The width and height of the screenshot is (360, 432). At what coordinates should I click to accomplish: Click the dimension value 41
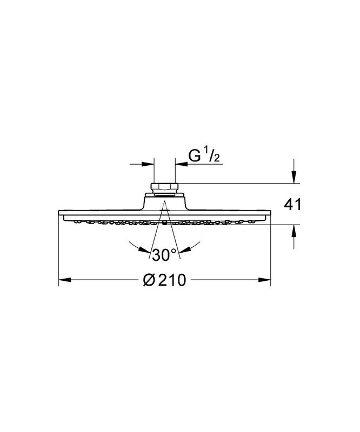(293, 205)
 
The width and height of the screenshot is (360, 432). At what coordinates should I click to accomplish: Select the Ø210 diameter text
(165, 280)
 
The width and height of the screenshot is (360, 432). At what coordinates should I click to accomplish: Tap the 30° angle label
(164, 255)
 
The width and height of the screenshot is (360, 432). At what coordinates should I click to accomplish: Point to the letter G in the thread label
(194, 156)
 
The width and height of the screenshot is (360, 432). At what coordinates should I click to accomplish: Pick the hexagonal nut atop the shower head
(165, 186)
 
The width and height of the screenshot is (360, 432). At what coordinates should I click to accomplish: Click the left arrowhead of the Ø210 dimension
(65, 280)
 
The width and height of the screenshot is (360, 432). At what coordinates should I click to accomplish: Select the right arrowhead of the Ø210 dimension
(264, 280)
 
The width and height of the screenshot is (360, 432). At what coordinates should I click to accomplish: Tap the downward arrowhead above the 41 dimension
(294, 177)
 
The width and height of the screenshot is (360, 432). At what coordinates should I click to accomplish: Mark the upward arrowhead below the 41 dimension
(294, 231)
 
